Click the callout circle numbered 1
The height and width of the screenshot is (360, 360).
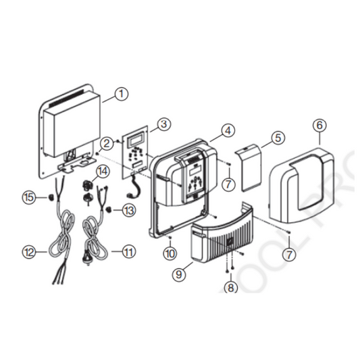[x=120, y=94]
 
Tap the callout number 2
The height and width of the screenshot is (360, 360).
[x=107, y=143]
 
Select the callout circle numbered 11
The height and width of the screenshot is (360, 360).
[x=128, y=253]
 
